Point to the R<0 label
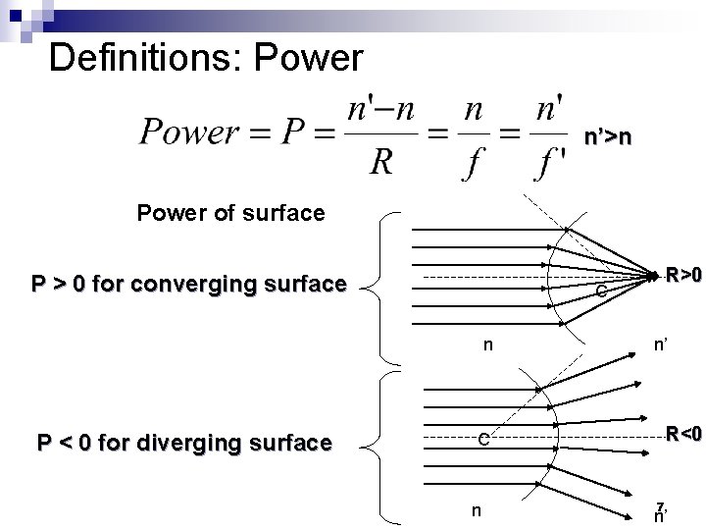(682, 433)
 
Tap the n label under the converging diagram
(487, 344)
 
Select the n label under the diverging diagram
(476, 509)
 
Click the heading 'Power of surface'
(230, 212)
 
